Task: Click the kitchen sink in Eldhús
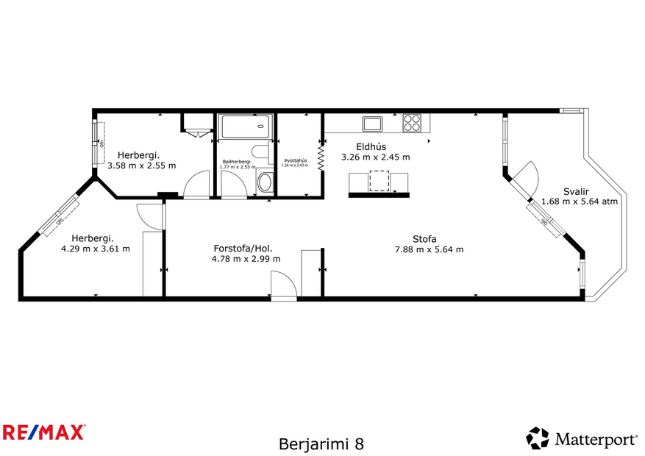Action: tap(371, 123)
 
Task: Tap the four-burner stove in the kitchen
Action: tap(412, 123)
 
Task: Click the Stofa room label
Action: tap(424, 238)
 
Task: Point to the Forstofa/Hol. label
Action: tap(242, 248)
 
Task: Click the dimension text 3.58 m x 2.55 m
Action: tap(142, 165)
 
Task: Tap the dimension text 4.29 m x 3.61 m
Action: tap(95, 249)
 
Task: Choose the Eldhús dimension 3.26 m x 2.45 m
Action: tap(375, 157)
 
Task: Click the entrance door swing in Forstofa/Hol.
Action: tap(282, 284)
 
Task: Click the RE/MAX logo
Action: tap(44, 432)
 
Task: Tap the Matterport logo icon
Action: tap(537, 438)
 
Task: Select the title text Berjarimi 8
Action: tap(321, 444)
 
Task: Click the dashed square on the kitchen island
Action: tap(379, 181)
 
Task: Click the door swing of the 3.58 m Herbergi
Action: tap(197, 185)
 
